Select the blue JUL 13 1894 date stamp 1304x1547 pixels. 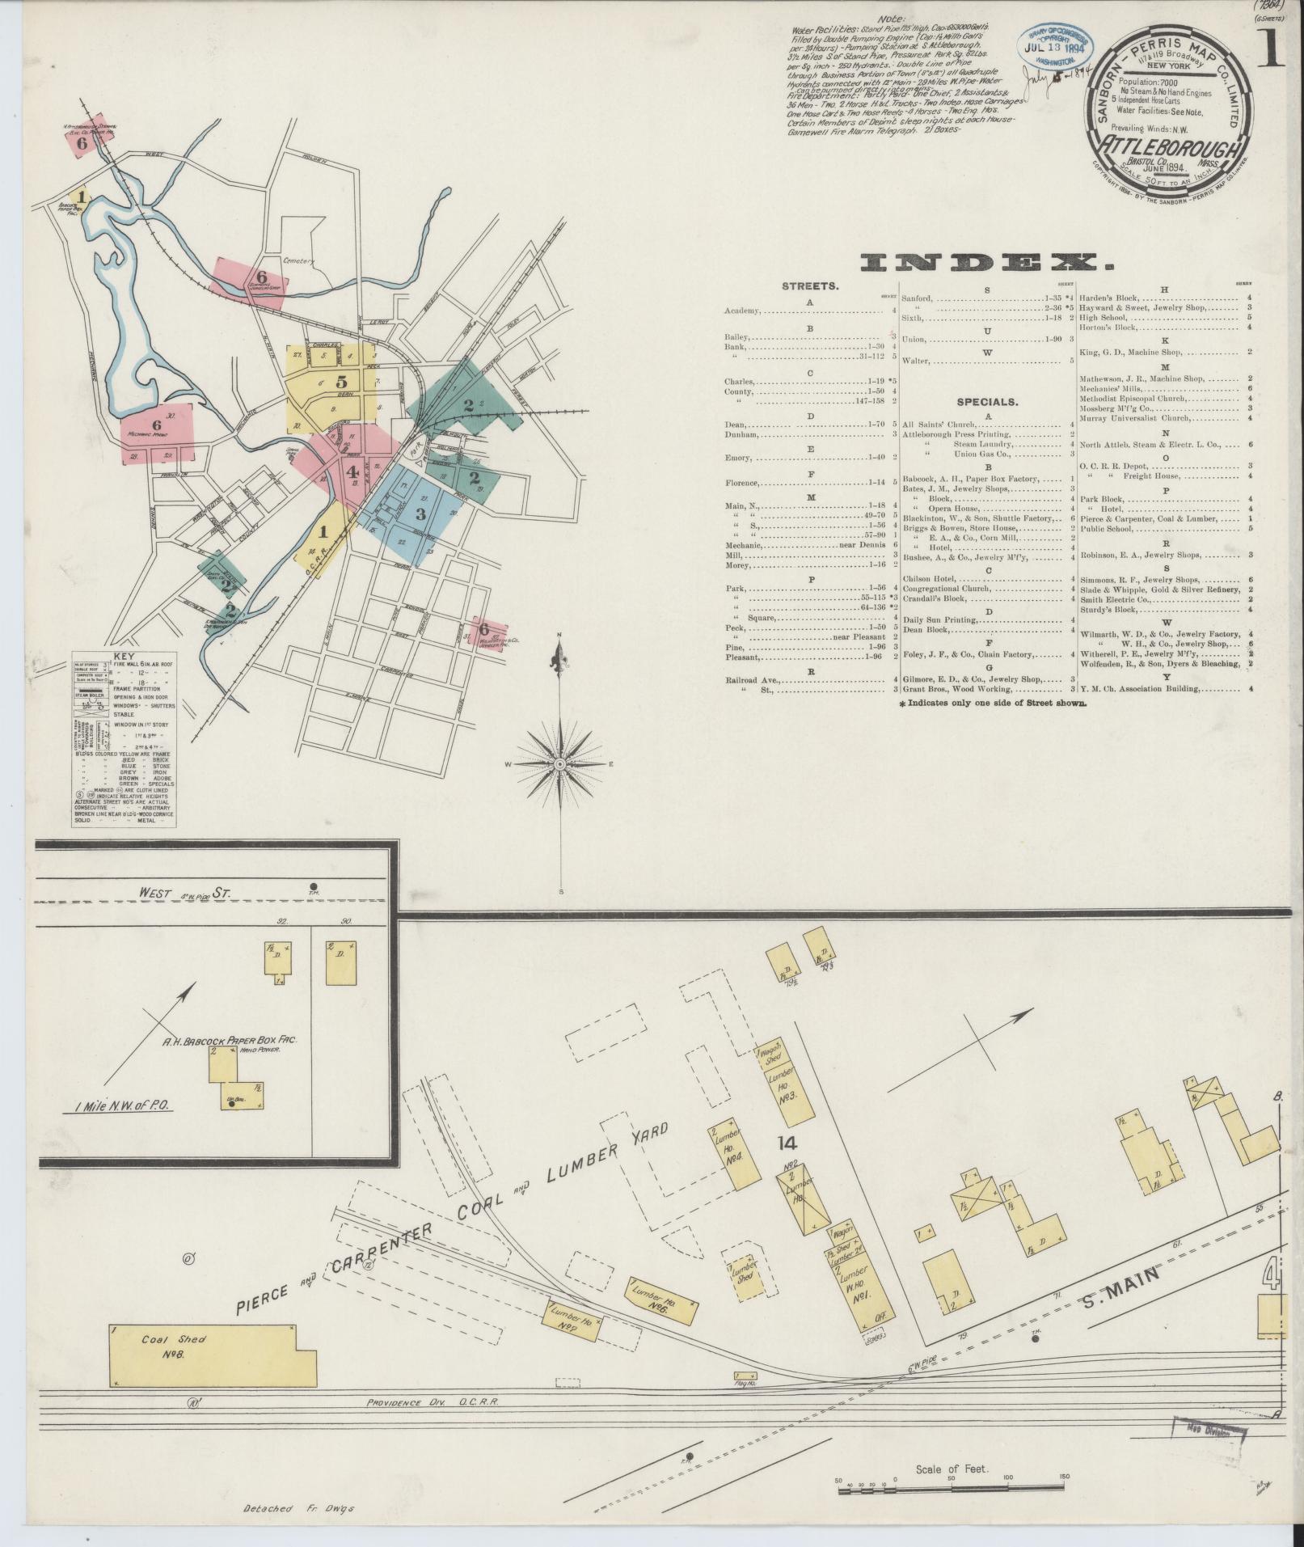point(1056,49)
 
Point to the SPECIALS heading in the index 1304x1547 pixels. point(987,401)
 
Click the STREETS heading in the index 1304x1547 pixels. point(809,285)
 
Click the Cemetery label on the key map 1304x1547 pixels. point(298,261)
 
